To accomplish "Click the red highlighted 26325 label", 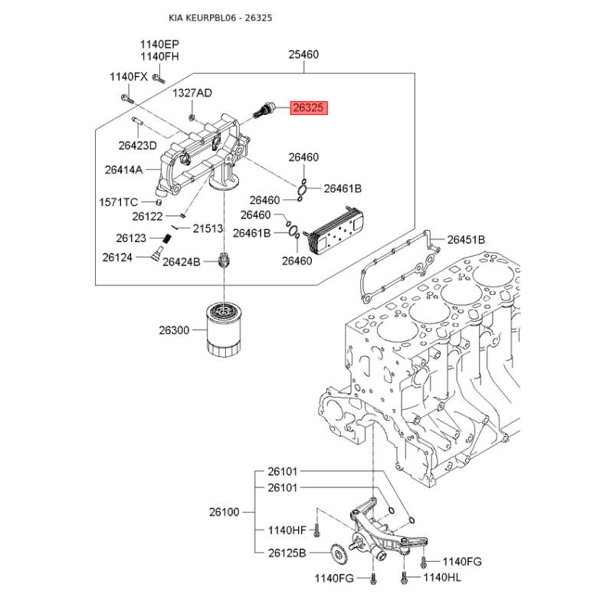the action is click(x=309, y=107).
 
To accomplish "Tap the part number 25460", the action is click(x=303, y=54).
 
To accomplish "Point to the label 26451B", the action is click(x=466, y=239).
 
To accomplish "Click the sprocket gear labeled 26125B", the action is click(x=337, y=552).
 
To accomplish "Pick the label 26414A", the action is click(x=123, y=169).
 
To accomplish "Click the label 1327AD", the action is click(x=192, y=93).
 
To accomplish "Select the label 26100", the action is click(x=224, y=512).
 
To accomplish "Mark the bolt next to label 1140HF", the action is click(x=316, y=530).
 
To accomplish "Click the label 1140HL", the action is click(x=442, y=577).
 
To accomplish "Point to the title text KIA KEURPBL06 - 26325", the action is click(x=221, y=18).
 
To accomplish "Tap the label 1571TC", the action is click(x=119, y=202).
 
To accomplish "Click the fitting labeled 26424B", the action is click(x=224, y=260).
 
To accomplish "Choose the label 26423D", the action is click(x=138, y=146).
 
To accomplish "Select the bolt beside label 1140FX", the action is click(x=127, y=99).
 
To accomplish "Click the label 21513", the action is click(x=208, y=228).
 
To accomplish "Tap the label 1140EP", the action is click(x=159, y=44).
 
